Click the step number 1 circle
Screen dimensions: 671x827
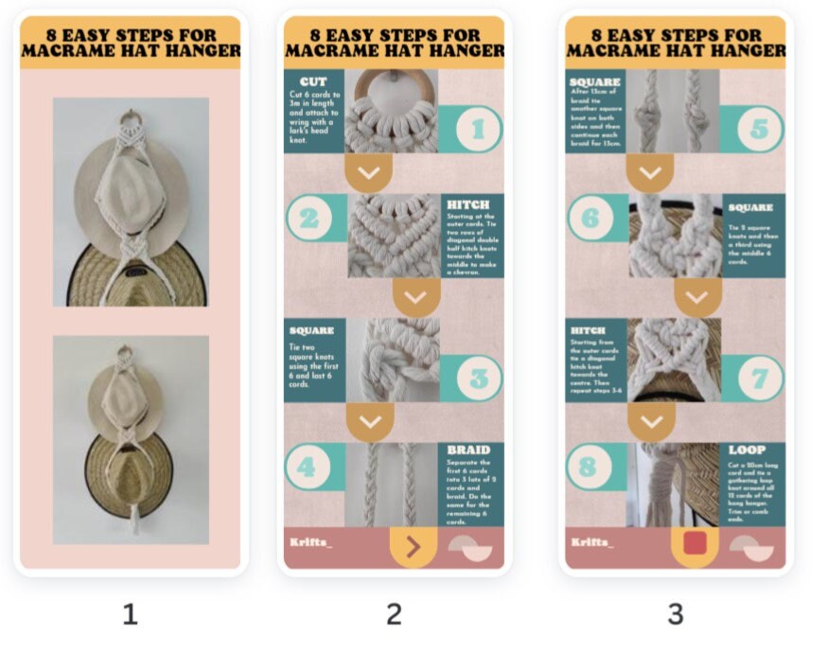coord(477,130)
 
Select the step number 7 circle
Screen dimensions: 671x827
coord(759,379)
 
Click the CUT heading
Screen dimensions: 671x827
coord(313,82)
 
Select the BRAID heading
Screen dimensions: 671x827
coord(468,450)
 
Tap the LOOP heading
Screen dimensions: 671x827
coord(748,450)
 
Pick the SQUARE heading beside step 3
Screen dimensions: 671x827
coord(312,330)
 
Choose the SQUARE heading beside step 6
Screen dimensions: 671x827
coord(750,207)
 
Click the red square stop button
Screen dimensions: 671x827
coord(695,543)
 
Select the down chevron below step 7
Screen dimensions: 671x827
coord(650,420)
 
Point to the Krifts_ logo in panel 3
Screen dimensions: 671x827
coord(591,542)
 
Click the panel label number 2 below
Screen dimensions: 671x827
coord(394,614)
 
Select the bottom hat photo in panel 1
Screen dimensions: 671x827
coord(131,439)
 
